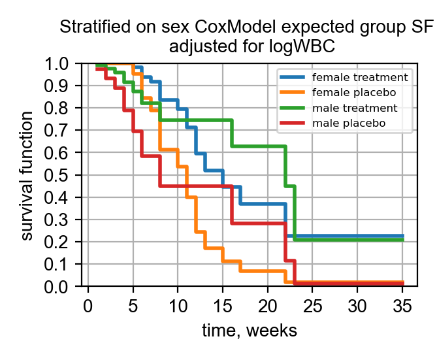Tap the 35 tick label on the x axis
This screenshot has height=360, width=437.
pos(402,306)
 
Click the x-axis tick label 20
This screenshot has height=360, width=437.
pos(268,306)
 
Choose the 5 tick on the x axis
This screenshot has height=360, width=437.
pos(133,306)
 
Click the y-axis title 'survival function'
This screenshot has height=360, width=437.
pos(27,175)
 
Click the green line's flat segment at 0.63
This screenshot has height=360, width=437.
pos(258,146)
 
